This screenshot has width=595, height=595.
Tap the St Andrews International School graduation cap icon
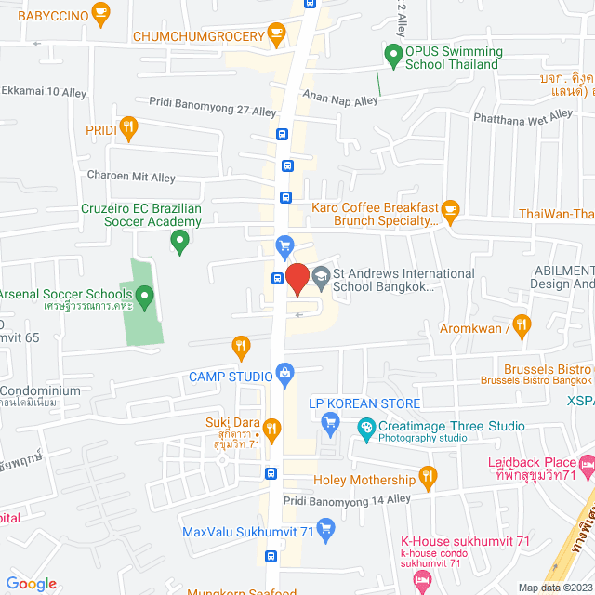tap(321, 275)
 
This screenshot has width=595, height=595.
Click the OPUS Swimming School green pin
tap(393, 58)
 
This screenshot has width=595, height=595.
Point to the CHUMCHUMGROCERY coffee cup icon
tap(275, 35)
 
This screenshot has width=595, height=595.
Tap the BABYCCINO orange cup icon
tap(102, 15)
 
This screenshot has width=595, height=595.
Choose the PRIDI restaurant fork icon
tap(129, 127)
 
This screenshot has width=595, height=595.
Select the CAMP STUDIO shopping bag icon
tap(284, 376)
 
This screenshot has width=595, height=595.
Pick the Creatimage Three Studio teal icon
tap(365, 427)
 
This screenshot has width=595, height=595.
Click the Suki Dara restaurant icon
tap(271, 429)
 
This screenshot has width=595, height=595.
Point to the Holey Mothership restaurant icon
tap(428, 480)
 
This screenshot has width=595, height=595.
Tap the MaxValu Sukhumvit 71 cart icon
tap(324, 531)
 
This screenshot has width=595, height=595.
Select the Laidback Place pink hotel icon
tap(587, 463)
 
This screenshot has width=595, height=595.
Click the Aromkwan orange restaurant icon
tap(521, 325)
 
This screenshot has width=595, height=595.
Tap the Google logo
tap(31, 584)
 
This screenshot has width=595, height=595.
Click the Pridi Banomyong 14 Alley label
tap(347, 500)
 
